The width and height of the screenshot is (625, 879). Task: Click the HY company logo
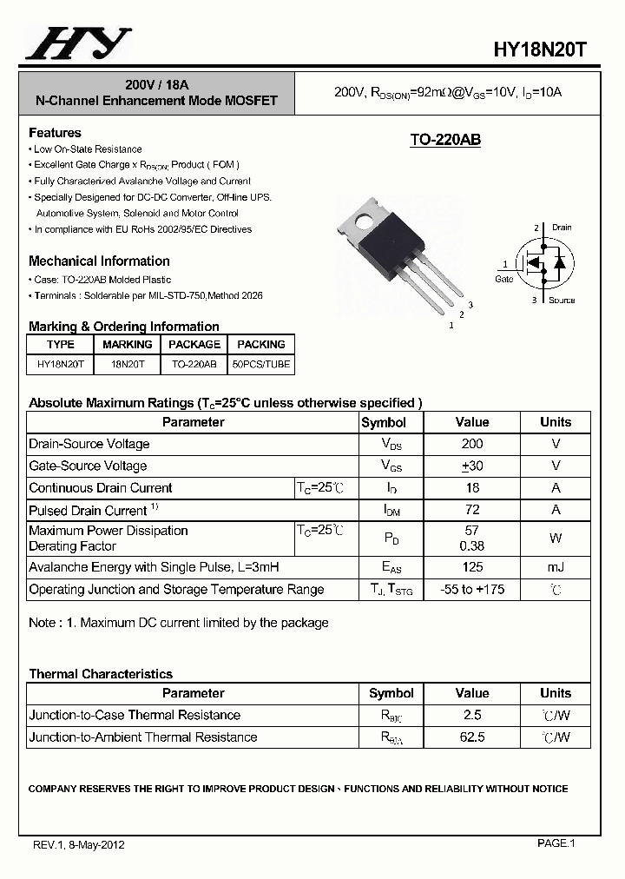click(78, 43)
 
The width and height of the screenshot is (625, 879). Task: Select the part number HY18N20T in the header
click(540, 50)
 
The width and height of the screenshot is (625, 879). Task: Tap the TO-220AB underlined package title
click(445, 140)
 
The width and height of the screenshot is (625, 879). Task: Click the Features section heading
click(55, 133)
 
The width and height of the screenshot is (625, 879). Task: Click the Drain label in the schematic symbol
click(561, 228)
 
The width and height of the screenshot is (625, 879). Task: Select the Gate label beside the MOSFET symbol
click(504, 279)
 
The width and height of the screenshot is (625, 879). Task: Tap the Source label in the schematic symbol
click(561, 301)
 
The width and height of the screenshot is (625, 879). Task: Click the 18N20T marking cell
click(128, 365)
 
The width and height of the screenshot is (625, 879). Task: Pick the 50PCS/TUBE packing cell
click(260, 365)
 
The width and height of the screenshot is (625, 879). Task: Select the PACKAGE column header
click(194, 345)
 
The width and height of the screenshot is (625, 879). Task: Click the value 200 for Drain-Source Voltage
click(472, 444)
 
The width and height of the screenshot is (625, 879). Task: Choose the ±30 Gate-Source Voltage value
click(472, 466)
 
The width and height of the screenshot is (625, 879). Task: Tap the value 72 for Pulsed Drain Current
click(472, 510)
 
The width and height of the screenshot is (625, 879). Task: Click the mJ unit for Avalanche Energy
click(556, 567)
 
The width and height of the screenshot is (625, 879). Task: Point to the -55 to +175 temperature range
click(472, 590)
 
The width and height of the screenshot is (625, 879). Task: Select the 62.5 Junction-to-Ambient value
click(472, 737)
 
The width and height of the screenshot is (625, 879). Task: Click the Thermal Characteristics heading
click(101, 674)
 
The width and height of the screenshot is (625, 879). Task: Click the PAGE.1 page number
click(556, 843)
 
